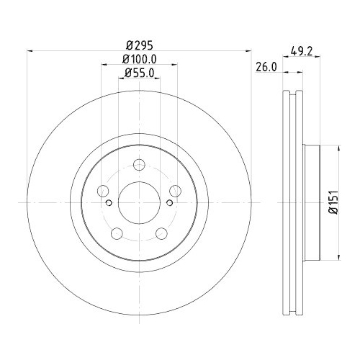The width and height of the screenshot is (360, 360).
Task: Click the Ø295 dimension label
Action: (x=140, y=43)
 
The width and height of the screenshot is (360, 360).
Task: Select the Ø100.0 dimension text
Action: (x=140, y=58)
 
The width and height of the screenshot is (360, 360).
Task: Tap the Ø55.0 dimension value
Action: (x=140, y=73)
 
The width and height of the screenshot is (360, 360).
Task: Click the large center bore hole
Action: (x=140, y=202)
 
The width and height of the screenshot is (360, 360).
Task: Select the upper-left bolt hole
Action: (x=104, y=191)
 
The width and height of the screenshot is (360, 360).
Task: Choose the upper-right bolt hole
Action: (x=175, y=191)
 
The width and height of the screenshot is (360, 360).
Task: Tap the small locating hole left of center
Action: (x=109, y=203)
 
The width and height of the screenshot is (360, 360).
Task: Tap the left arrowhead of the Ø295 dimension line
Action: (x=30, y=50)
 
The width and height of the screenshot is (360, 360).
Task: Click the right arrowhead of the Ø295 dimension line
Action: (x=250, y=50)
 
